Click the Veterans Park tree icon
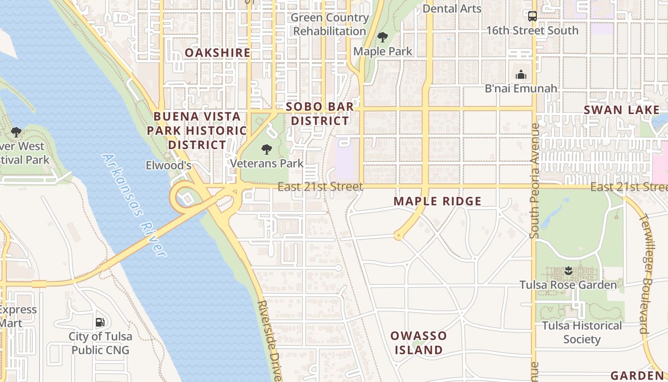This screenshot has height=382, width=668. (267, 149)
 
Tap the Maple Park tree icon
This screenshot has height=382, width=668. (382, 37)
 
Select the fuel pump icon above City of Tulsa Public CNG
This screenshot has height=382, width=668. (100, 322)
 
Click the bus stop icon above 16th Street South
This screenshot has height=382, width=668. (532, 16)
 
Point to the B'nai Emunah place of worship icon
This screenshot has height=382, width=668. (521, 74)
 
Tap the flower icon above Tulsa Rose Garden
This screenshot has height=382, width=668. (568, 271)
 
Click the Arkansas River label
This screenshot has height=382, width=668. (135, 205)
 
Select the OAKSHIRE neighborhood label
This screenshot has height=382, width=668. (218, 53)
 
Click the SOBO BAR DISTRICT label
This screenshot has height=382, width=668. (320, 114)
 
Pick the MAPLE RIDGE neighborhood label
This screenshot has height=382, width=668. (438, 201)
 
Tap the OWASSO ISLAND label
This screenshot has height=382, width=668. (418, 342)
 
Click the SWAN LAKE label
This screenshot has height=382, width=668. (622, 110)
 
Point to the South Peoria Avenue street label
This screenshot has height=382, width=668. (534, 181)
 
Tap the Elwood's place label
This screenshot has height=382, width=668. (168, 166)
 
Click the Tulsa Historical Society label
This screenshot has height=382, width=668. (582, 332)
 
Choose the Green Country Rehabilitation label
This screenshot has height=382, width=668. (329, 24)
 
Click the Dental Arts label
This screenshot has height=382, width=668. (452, 8)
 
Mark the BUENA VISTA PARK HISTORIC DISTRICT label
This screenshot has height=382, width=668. (197, 130)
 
